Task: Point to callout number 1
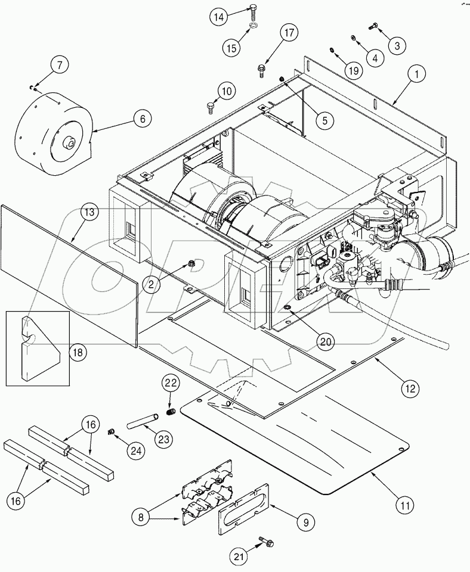tap(416, 74)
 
